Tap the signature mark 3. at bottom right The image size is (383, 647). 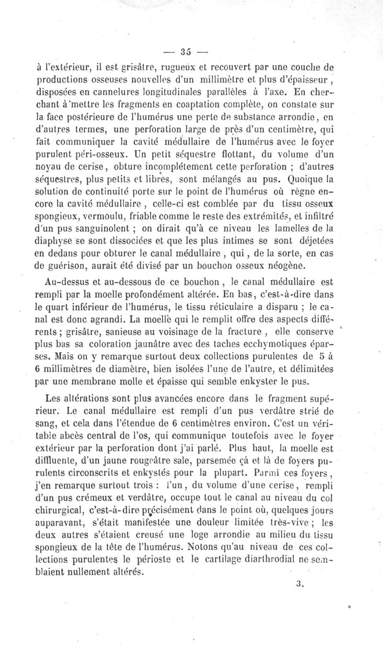(x=300, y=583)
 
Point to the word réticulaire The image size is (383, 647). (x=235, y=307)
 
